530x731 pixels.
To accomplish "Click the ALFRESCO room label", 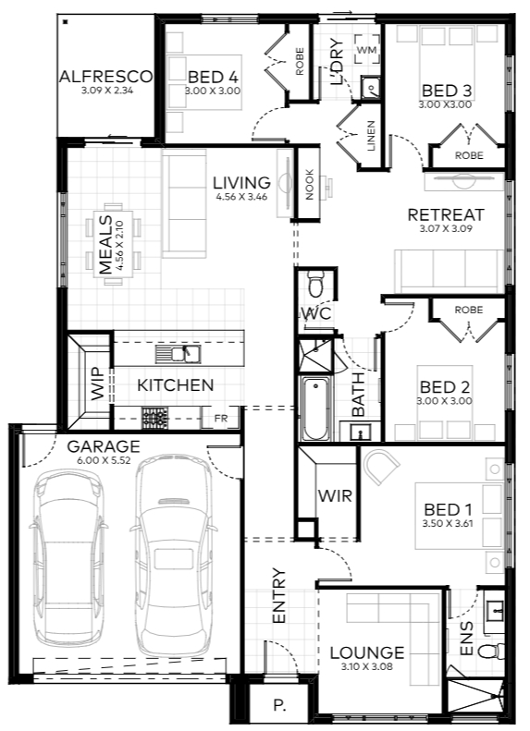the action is [105, 76].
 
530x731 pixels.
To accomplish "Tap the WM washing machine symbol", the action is [366, 49].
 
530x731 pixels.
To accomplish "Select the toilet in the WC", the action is [315, 285].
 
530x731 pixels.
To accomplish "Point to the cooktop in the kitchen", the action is [154, 419].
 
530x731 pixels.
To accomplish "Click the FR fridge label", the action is [221, 419].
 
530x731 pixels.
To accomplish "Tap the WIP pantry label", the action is [97, 384].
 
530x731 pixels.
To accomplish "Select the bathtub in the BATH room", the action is [315, 408].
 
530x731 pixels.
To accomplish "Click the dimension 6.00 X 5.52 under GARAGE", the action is [104, 460].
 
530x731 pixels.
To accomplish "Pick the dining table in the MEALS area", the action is [113, 244].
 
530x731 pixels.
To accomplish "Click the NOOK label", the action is [309, 184].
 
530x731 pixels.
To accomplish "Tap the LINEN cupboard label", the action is [371, 136].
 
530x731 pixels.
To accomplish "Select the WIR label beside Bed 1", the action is [335, 495].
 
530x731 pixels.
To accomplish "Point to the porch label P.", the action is [279, 706].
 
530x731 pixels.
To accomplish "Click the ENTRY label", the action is [278, 596].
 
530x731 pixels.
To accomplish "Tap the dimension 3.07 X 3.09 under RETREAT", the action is [446, 228].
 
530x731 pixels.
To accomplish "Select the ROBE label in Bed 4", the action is [300, 61].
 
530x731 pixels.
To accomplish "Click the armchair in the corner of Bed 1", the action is [380, 467].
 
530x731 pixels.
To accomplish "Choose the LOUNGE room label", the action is [366, 652].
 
